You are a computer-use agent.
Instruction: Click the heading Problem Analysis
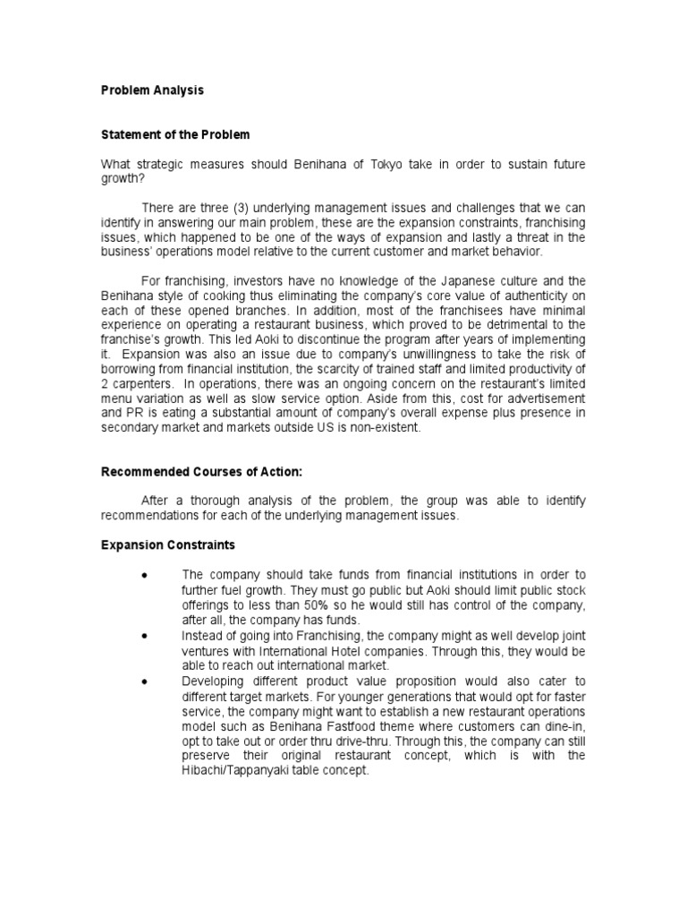point(151,90)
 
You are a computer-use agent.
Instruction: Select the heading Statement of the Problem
point(174,135)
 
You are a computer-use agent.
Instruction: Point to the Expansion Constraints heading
point(167,544)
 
